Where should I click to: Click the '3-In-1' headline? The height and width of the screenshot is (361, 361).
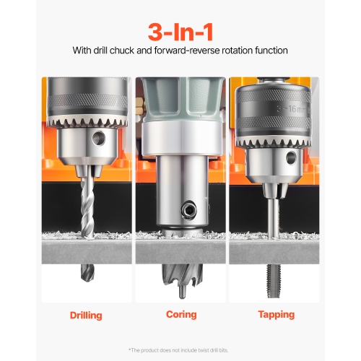point(180,32)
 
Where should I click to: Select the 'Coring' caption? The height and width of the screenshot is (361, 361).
point(180,315)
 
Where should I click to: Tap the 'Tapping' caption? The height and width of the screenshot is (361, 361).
point(275,315)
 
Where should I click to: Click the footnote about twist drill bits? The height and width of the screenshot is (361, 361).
point(180,349)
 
